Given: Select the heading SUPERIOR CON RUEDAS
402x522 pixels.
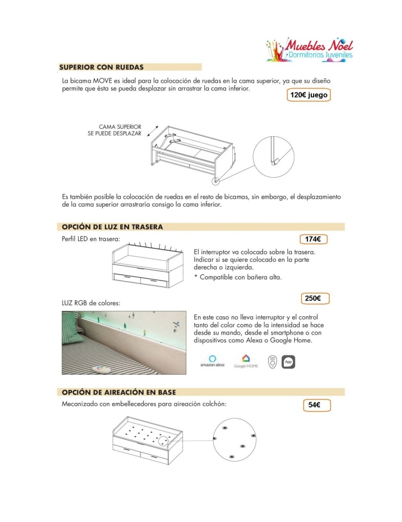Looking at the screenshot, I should (x=101, y=67).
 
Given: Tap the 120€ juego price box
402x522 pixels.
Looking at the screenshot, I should (x=309, y=96).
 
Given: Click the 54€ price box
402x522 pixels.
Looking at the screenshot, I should (x=314, y=405).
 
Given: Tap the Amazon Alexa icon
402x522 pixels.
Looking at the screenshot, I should (x=213, y=360).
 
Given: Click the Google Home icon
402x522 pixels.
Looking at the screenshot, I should (x=246, y=360).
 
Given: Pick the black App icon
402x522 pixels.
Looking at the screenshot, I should (x=288, y=362).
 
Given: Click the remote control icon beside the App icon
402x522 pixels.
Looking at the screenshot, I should (x=273, y=362).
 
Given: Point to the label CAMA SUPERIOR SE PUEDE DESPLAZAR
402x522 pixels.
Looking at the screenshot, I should (x=121, y=130).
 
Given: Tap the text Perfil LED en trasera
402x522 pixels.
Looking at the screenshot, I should (x=91, y=239).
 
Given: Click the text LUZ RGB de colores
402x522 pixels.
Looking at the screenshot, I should (x=91, y=303).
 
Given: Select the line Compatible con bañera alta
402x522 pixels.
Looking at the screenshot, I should (x=239, y=277).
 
